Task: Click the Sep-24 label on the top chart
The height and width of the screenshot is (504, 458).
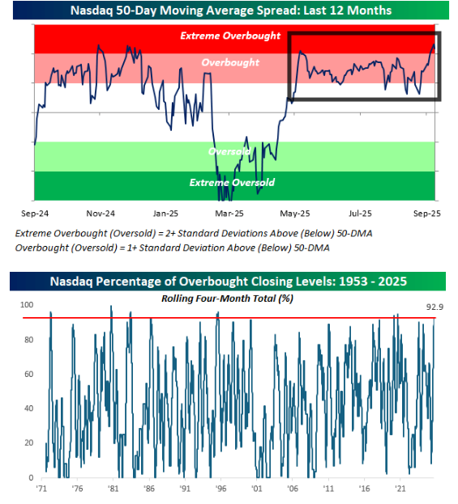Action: click(35, 214)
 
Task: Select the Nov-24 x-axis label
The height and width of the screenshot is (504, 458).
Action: click(101, 214)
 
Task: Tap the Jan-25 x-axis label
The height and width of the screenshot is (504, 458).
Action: click(165, 214)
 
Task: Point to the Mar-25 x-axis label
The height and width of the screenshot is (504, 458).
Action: click(229, 214)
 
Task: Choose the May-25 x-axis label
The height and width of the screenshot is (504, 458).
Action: click(295, 214)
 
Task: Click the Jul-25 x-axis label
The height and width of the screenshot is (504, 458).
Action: click(360, 214)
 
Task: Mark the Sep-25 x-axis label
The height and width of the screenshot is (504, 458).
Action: click(426, 214)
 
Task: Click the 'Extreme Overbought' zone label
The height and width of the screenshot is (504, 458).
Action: click(230, 36)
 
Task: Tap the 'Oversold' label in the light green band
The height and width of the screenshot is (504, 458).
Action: click(229, 151)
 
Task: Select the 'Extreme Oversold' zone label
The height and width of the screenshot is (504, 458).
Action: click(232, 183)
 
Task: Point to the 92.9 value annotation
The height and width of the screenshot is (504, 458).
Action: click(434, 307)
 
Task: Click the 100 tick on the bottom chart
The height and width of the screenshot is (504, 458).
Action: click(27, 305)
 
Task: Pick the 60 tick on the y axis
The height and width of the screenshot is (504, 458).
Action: click(29, 374)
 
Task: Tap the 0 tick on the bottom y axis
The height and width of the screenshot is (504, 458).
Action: click(31, 477)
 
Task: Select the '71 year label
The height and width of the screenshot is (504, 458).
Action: click(41, 489)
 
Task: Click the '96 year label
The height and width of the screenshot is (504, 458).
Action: click(220, 489)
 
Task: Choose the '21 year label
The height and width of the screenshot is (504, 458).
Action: click(400, 489)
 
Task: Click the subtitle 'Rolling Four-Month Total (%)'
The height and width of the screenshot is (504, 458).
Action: click(228, 299)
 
